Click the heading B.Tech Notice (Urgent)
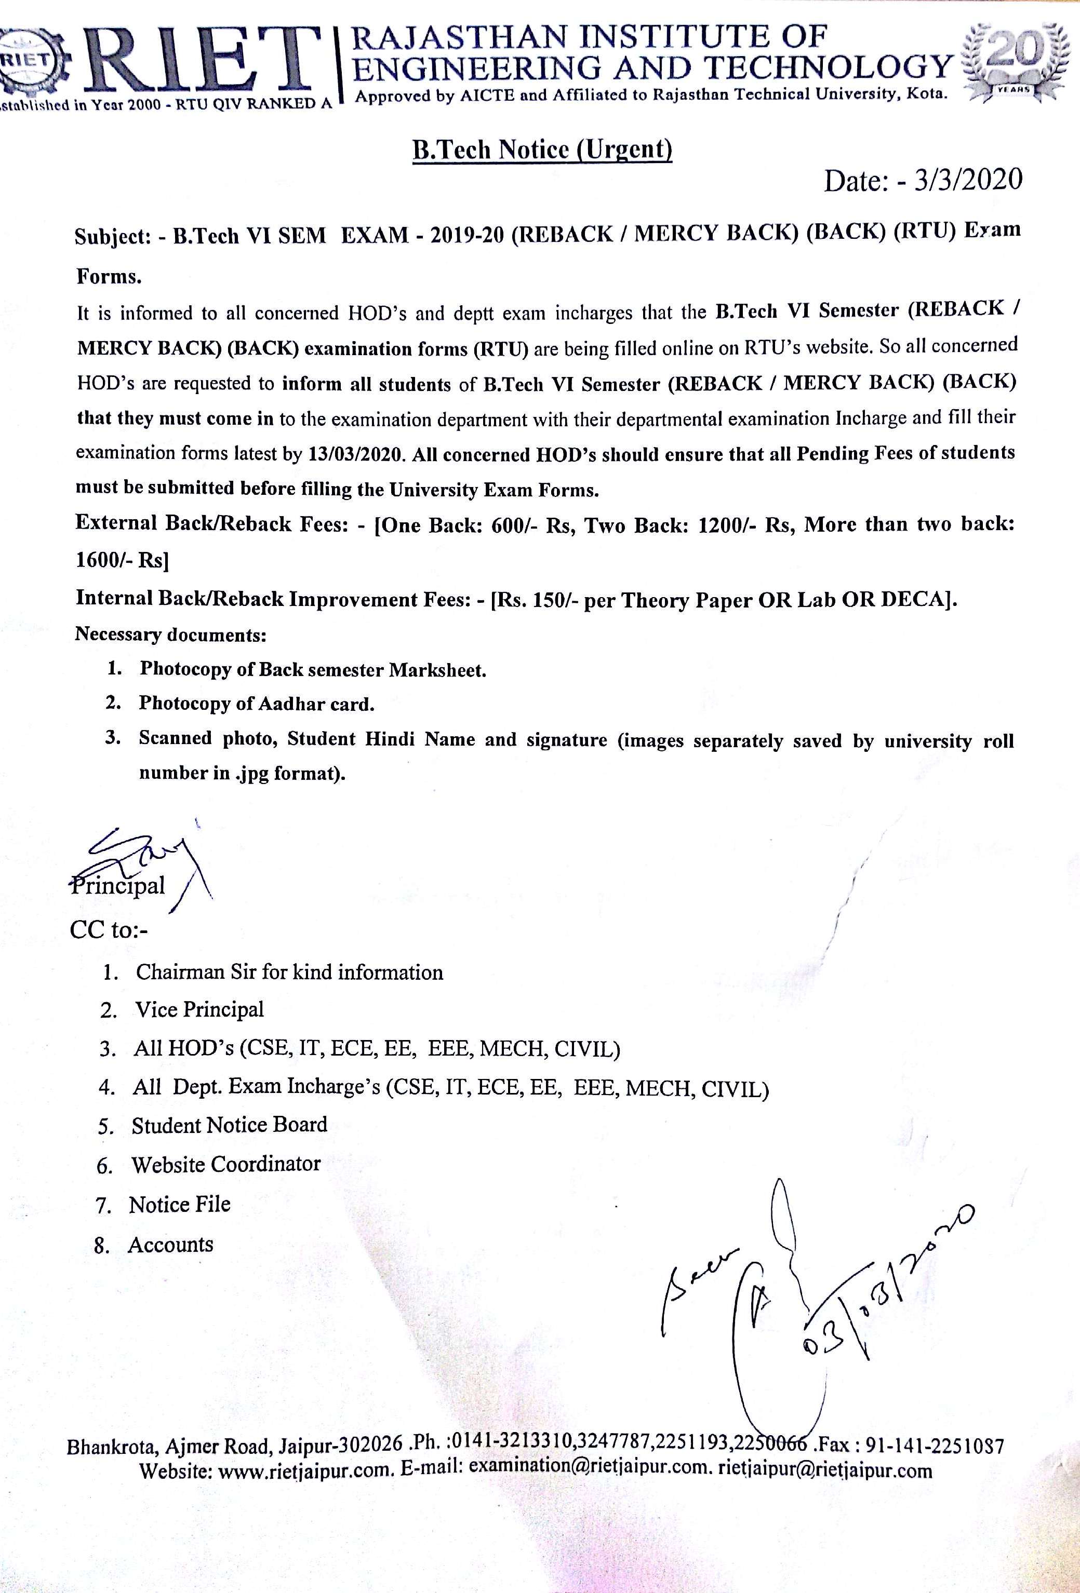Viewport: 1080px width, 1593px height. (x=542, y=150)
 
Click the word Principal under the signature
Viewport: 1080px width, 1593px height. (x=118, y=886)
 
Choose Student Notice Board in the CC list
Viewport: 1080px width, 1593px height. (x=229, y=1125)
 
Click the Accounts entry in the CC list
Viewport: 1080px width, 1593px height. (x=170, y=1244)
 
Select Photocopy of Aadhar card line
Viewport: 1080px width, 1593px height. (x=257, y=703)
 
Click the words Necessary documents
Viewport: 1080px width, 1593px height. (x=170, y=634)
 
